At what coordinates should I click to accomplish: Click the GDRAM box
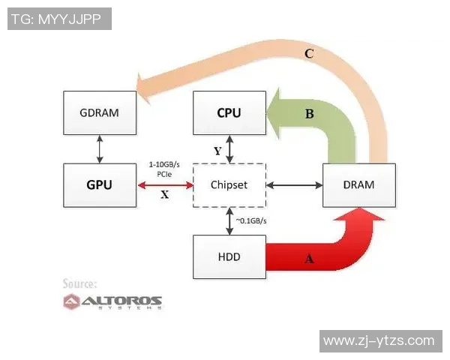(99, 113)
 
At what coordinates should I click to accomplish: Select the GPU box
(99, 184)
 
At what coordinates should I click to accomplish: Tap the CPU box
(229, 113)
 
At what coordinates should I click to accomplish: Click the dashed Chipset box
(229, 184)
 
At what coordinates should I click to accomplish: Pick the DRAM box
(358, 184)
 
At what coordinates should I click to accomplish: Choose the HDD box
(229, 256)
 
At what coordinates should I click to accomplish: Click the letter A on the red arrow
(307, 259)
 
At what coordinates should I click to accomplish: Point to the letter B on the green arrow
(308, 114)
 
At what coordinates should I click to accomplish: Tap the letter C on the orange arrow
(308, 54)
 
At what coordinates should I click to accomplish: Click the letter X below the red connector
(165, 193)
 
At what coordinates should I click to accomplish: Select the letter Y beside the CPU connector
(217, 151)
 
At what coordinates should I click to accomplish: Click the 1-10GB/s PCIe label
(165, 168)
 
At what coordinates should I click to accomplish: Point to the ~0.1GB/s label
(253, 221)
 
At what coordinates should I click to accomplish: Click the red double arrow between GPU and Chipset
(165, 184)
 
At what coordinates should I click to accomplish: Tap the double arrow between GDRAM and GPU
(99, 148)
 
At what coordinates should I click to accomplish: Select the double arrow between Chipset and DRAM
(294, 184)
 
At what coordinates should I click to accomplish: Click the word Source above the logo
(79, 284)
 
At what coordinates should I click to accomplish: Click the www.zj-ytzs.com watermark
(379, 340)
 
